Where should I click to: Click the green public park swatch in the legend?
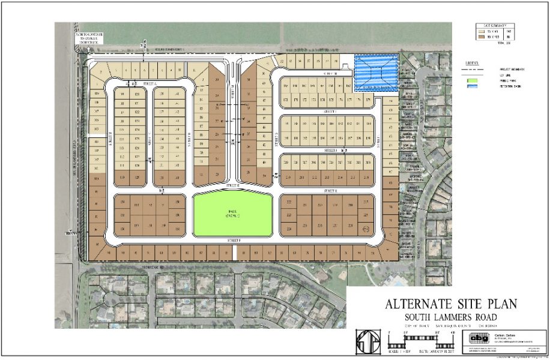coord(473,80)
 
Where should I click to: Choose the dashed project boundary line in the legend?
coord(473,68)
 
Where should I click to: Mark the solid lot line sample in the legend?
coord(473,74)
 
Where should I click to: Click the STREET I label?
coord(328,111)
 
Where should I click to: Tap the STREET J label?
coord(328,150)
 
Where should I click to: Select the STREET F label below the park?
coord(234,240)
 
